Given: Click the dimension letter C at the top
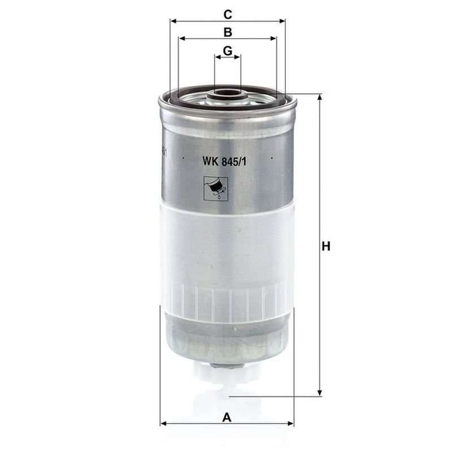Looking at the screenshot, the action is click(x=228, y=15).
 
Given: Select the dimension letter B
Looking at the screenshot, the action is click(x=228, y=32).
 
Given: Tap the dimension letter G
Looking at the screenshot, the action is click(x=228, y=51).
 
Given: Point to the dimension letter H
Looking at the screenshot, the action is click(x=326, y=247).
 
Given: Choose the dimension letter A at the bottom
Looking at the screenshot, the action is click(x=227, y=417).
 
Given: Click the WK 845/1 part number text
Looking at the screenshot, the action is click(x=224, y=162).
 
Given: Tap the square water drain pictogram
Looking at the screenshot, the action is click(x=216, y=189).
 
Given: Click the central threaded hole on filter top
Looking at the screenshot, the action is click(x=227, y=93).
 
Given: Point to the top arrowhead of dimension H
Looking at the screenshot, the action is click(x=319, y=97).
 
